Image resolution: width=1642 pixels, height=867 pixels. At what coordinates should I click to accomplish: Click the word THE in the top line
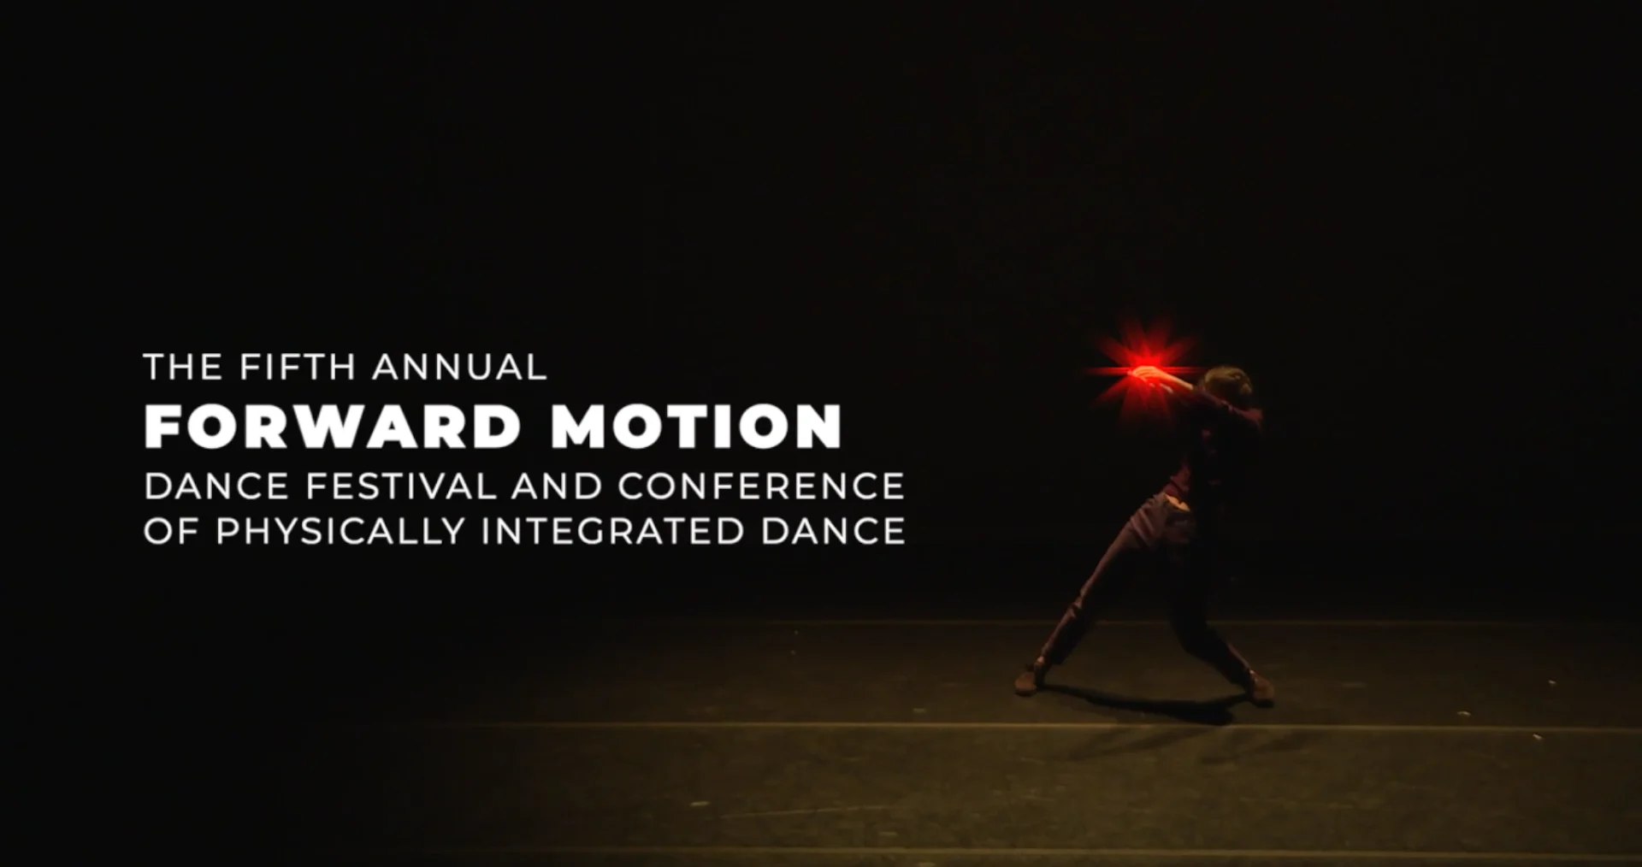(182, 367)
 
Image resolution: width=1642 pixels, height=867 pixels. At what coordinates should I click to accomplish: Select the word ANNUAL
(460, 367)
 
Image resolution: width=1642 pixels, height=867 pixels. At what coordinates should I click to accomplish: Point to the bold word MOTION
(697, 426)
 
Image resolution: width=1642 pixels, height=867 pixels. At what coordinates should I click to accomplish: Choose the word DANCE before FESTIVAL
(216, 487)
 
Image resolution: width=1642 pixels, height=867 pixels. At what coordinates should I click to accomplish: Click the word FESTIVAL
(402, 487)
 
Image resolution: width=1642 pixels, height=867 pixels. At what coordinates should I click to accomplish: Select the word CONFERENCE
(761, 487)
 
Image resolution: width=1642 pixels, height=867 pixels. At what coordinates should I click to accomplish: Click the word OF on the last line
(171, 531)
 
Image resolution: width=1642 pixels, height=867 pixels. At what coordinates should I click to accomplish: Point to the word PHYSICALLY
(340, 531)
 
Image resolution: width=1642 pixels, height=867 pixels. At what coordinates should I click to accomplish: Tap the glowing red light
(1143, 371)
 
